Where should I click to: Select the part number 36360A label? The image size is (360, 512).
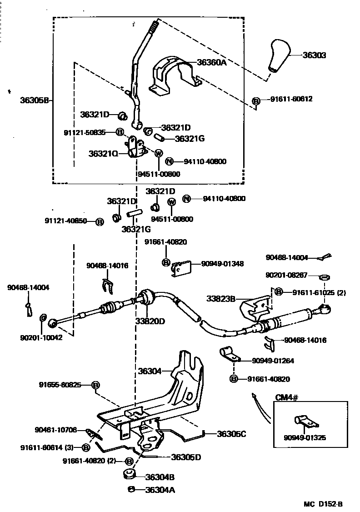coord(212,63)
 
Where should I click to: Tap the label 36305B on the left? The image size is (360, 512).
coord(34,100)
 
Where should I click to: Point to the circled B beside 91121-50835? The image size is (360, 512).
coord(120,132)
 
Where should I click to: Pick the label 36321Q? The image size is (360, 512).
coord(103,154)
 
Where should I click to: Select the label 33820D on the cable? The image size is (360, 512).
coord(150,321)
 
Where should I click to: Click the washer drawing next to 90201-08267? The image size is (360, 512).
coord(325,277)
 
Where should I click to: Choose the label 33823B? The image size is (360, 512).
coord(221,298)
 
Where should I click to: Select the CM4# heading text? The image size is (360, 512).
coord(287,397)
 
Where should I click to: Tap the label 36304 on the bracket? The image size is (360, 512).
coord(150,371)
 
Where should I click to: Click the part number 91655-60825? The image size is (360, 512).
coord(60,385)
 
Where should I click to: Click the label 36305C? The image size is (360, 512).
coord(231,434)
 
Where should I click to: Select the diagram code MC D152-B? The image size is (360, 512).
coord(323,504)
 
